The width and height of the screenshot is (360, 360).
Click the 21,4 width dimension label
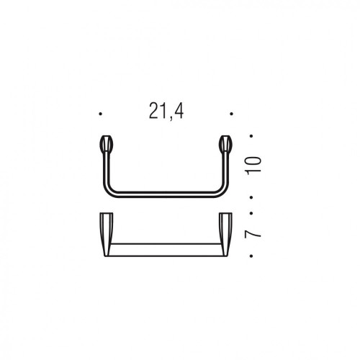coord(166,112)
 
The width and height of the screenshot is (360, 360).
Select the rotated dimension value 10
coord(253,164)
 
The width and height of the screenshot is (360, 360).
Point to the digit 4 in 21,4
coord(179,110)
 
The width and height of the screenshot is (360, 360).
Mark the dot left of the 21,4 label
coord(101,114)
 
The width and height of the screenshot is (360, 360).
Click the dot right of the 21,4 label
coord(231,114)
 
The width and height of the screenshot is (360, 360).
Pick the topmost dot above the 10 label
coord(251,136)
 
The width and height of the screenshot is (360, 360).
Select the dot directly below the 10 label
coord(251,197)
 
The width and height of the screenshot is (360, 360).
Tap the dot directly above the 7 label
coord(251,213)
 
